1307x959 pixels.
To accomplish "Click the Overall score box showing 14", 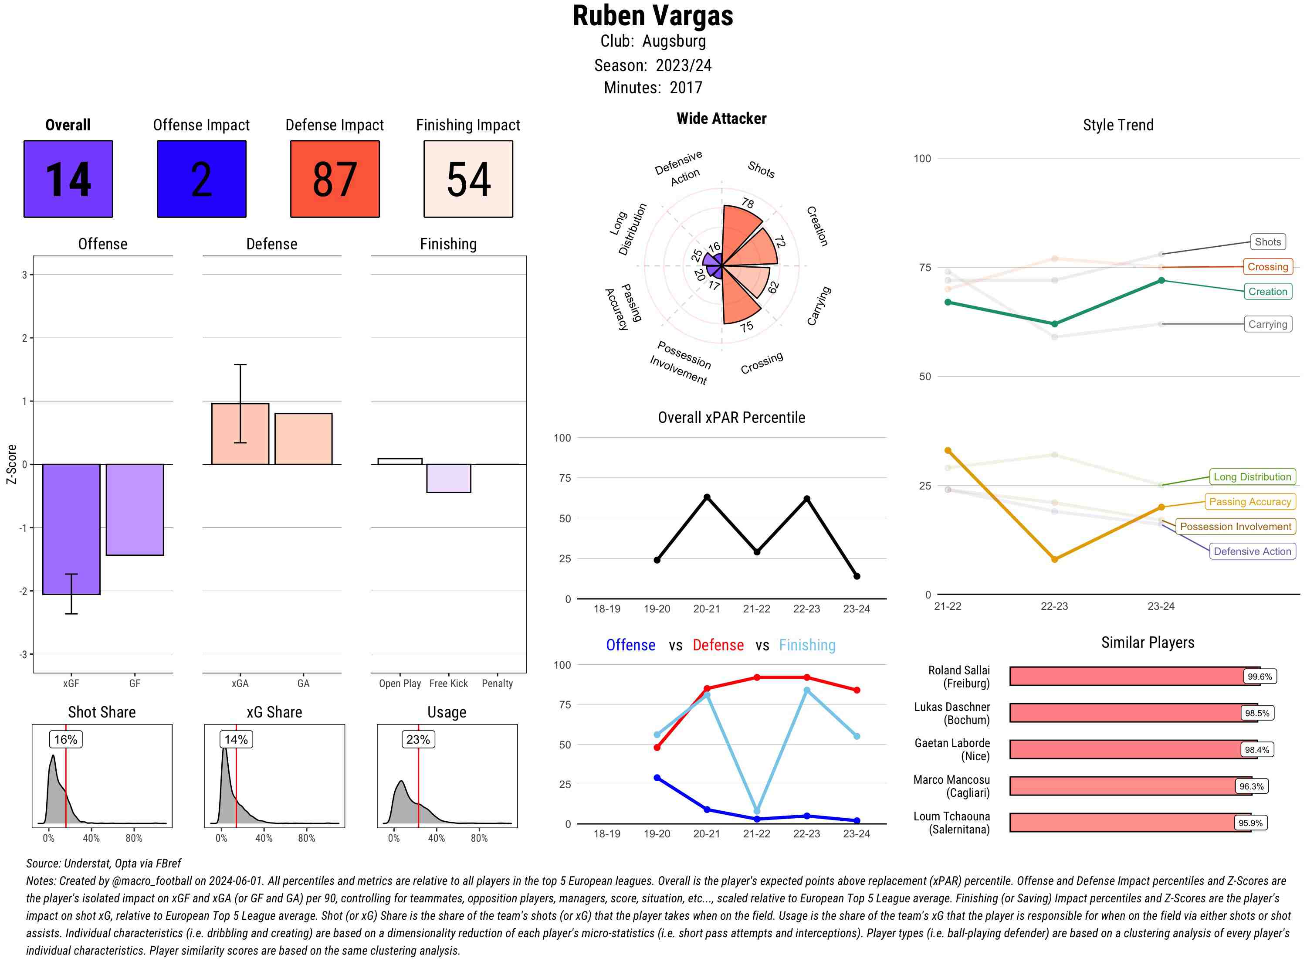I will pos(68,179).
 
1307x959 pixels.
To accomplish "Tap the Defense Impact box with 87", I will pos(335,179).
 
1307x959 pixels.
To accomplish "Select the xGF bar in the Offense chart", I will pos(71,528).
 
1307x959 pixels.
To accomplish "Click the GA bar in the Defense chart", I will pos(303,439).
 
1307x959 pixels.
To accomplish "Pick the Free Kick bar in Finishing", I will pos(448,478).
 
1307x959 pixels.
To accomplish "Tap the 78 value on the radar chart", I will pos(748,203).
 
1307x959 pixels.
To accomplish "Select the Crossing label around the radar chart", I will pos(762,363).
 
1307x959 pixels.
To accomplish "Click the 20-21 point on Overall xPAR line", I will pos(707,497).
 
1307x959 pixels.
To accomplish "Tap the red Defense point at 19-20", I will pos(657,747).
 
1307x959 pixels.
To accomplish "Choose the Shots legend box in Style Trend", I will pos(1267,242).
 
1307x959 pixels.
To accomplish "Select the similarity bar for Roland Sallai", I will pos(1134,676).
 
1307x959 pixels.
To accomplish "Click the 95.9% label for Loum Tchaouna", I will pos(1250,823).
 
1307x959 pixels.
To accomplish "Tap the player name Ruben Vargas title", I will pos(653,16).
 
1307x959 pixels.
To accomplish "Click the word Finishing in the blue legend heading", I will pos(807,645).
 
